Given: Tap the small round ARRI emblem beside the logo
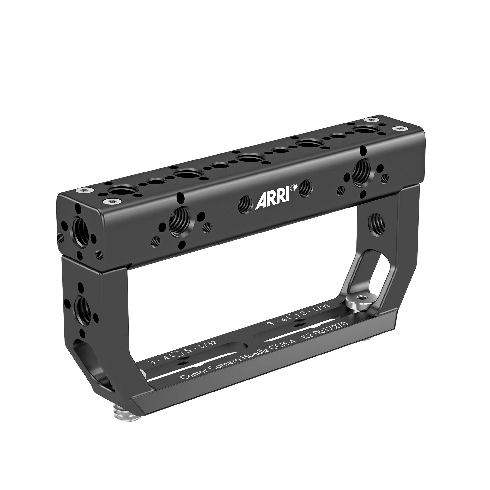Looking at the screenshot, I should coord(294,187).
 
